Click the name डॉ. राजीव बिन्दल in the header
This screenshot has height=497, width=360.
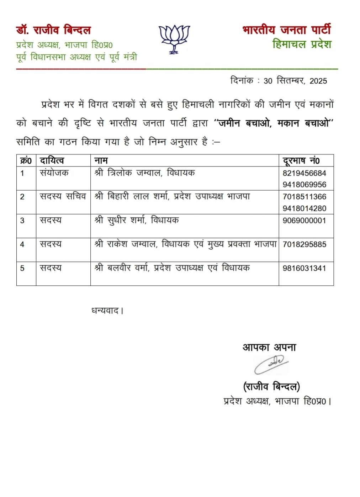(x=53, y=30)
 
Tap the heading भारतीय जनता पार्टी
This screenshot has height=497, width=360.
(x=287, y=30)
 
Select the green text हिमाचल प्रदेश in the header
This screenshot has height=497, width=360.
(x=302, y=44)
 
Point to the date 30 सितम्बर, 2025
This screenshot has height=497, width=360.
(x=295, y=81)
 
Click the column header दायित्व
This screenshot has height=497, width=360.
(x=52, y=161)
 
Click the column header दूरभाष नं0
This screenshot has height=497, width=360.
(x=301, y=161)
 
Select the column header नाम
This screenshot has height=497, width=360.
(x=101, y=161)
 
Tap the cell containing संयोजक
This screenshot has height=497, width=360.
(x=54, y=173)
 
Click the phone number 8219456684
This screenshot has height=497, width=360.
(x=304, y=173)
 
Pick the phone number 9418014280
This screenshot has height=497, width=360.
(x=304, y=208)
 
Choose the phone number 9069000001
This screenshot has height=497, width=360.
(x=304, y=221)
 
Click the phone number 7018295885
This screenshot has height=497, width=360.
(x=304, y=244)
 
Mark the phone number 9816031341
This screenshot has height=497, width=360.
(x=304, y=268)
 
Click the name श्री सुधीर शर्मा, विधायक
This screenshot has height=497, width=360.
(x=137, y=221)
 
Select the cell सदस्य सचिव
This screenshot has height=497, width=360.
(x=63, y=196)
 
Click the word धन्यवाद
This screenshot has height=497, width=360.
(x=105, y=311)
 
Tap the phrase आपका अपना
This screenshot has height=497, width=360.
(x=269, y=347)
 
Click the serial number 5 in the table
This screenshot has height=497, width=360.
(x=22, y=268)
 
